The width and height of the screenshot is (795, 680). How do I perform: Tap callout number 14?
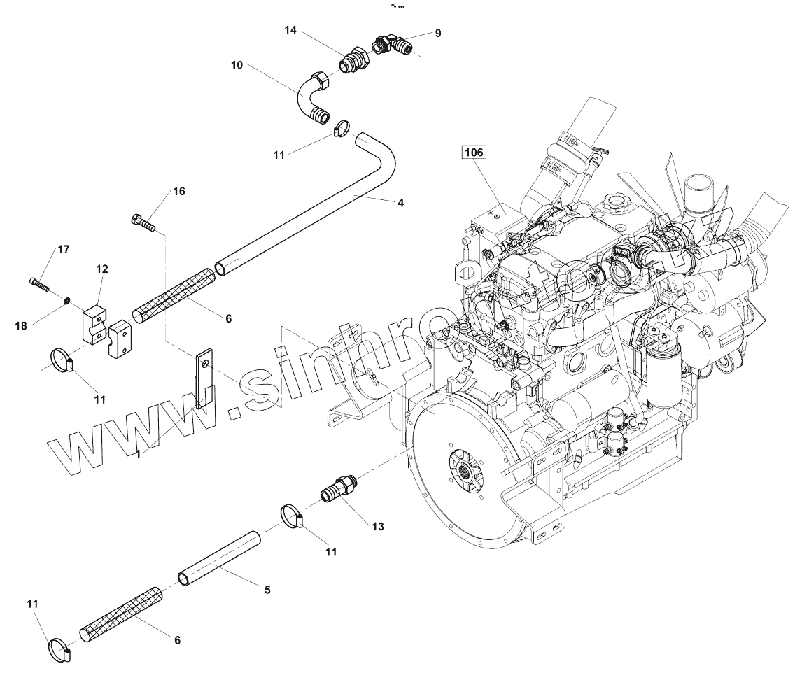pos(291,30)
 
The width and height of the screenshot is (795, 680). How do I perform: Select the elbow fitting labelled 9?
pos(395,46)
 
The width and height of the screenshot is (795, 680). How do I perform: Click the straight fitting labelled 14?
pos(354,59)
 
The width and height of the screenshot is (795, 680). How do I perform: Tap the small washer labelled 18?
pos(66,301)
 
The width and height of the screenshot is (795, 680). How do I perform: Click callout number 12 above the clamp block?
pos(102,269)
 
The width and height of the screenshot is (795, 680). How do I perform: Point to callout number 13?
pos(378,526)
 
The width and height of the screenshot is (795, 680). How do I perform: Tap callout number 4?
pos(400,204)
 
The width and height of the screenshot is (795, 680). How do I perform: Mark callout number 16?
pos(179,191)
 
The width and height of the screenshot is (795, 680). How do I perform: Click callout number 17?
pos(64,249)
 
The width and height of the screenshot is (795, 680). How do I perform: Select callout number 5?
pos(267,590)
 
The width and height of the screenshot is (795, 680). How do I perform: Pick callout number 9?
pos(438,33)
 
